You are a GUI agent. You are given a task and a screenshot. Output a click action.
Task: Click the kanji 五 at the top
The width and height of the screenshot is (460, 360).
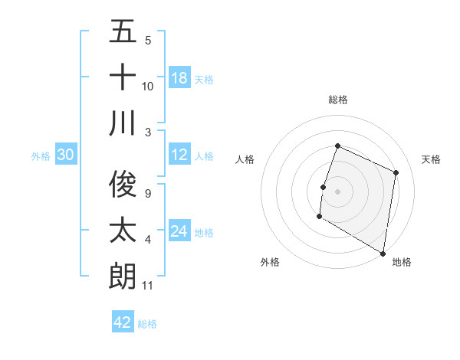pos(123,32)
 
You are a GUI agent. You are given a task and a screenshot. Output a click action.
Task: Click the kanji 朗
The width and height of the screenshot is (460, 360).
pos(123,275)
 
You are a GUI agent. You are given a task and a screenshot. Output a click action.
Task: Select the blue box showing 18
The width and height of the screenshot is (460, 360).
pos(179,77)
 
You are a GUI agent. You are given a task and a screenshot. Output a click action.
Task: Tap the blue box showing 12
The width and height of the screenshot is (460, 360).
pos(179,155)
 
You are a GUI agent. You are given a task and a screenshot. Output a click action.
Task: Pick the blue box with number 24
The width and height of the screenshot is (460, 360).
pos(179,231)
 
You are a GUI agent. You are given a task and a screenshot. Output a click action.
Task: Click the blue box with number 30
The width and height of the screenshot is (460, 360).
pos(65,155)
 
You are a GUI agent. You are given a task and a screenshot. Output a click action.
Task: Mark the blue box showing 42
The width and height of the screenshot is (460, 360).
pos(123,322)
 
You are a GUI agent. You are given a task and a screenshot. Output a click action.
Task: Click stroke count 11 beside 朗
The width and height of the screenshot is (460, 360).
pos(148,286)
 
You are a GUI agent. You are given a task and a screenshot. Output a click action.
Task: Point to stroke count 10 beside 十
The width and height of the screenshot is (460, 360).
pos(148,86)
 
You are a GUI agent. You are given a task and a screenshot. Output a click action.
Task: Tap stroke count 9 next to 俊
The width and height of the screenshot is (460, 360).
pos(147,194)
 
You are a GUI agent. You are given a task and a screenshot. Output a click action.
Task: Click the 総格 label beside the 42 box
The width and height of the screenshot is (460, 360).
pos(148,324)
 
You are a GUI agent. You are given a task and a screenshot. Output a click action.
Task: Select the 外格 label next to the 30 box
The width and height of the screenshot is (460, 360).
pos(41,156)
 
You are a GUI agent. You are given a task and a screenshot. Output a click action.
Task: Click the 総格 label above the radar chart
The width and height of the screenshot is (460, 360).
pos(338,100)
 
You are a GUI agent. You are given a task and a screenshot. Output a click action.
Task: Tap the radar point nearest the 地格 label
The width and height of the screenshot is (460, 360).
pos(383,253)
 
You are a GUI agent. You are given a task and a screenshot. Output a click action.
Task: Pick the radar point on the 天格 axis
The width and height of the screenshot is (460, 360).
pos(396,172)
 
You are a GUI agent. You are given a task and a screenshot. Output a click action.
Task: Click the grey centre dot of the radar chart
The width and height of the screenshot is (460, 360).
pos(337,191)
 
